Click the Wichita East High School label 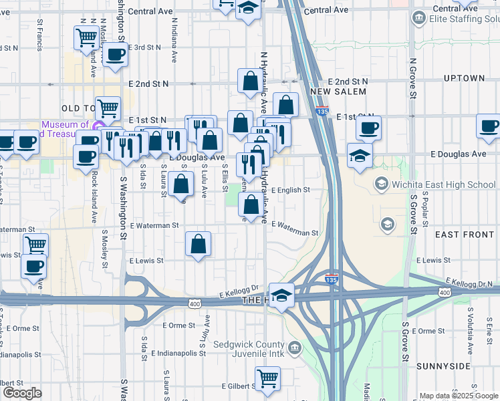tap(444, 184)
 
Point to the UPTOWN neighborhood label tap(463, 78)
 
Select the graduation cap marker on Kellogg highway tap(282, 295)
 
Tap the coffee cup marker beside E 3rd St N tap(115, 54)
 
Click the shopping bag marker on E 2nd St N tap(249, 82)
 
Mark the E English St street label tap(290, 190)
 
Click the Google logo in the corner tap(21, 393)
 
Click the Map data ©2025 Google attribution tap(458, 396)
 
